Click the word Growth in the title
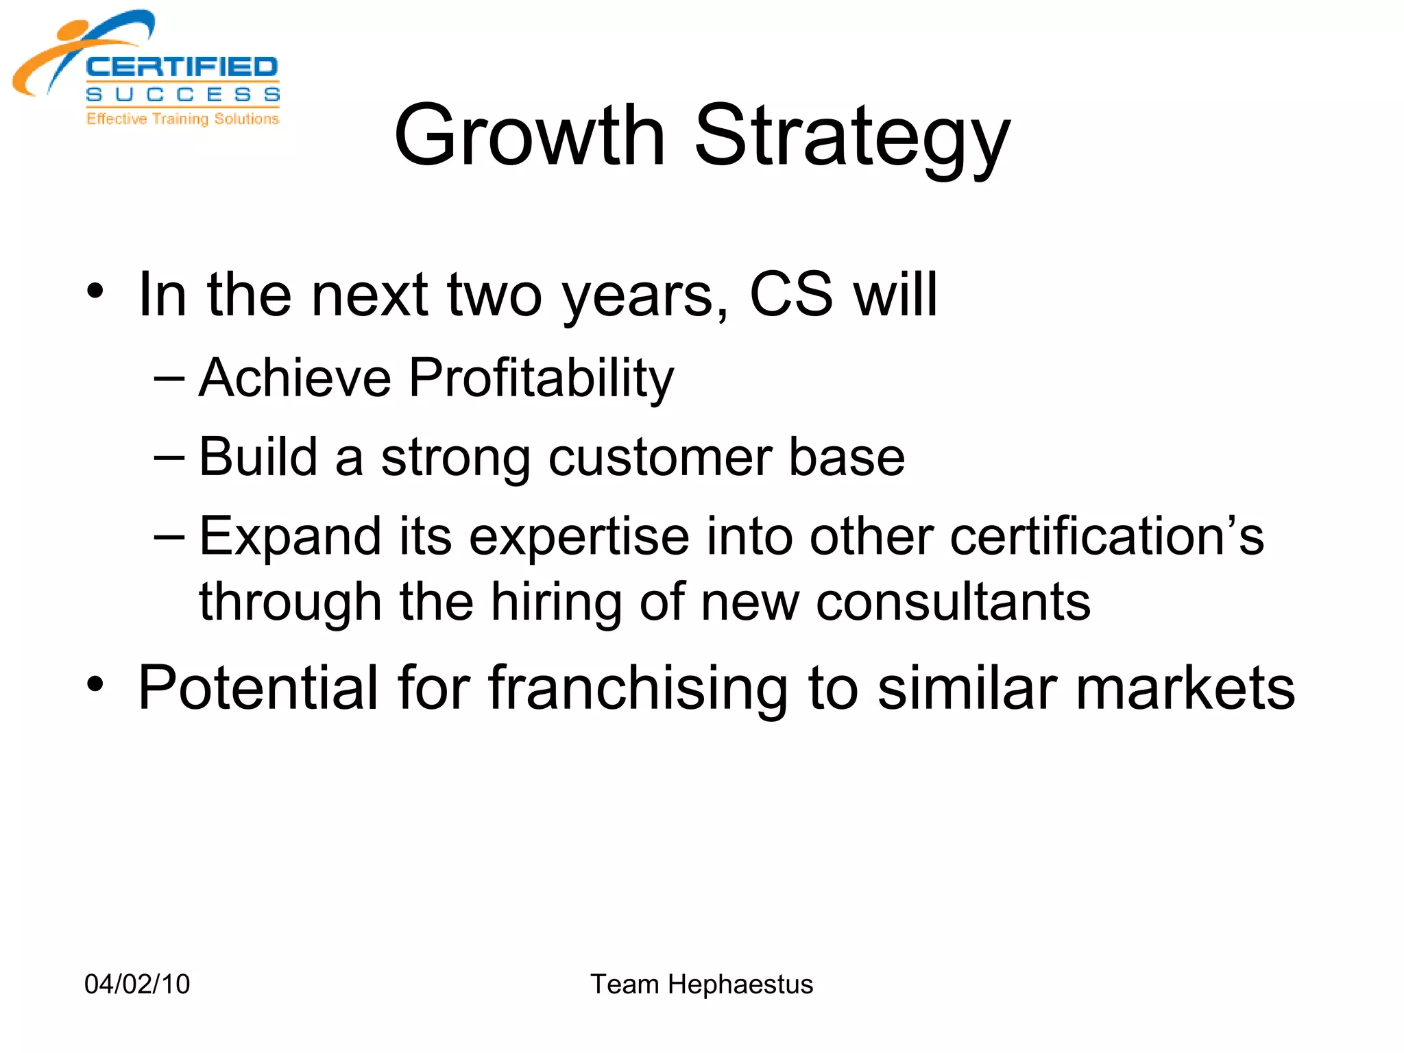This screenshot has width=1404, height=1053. click(x=529, y=136)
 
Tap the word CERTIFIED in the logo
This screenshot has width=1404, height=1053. click(x=182, y=67)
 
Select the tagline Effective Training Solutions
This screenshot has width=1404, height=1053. click(x=182, y=119)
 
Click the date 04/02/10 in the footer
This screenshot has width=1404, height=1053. click(x=137, y=984)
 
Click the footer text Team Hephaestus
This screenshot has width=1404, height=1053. click(x=701, y=984)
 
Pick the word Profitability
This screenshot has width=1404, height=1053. click(x=541, y=379)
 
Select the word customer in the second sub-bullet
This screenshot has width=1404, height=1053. click(x=659, y=457)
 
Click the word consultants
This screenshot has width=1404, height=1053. click(x=953, y=602)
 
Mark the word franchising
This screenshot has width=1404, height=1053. click(x=638, y=688)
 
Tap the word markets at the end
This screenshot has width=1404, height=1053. click(x=1185, y=688)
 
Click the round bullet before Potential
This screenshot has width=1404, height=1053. click(x=95, y=683)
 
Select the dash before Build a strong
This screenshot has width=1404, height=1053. click(x=169, y=457)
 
